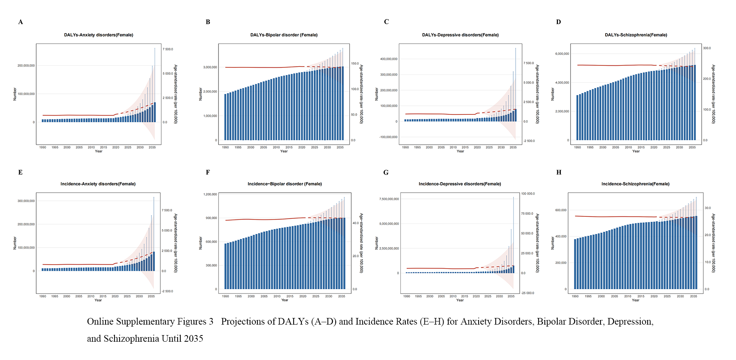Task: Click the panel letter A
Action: tap(21, 22)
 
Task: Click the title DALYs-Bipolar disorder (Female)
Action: tap(284, 35)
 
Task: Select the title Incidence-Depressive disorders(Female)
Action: tap(460, 184)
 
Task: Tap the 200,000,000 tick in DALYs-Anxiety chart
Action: tap(26, 66)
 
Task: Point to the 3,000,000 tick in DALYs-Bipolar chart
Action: tap(210, 67)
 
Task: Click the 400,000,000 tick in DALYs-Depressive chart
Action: tap(389, 59)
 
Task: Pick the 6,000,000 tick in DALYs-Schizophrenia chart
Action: tap(562, 54)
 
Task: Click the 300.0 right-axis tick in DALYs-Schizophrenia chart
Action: tap(707, 48)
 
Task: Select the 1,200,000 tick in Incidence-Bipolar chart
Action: tap(210, 194)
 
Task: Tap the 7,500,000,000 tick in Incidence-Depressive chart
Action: tap(389, 199)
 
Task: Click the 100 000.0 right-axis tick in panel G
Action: tap(528, 194)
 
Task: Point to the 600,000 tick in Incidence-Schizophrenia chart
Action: tap(561, 210)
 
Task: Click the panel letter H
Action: tap(559, 172)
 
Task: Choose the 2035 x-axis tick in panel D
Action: tap(692, 148)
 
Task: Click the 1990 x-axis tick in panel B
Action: tap(225, 148)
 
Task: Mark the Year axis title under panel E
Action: tap(98, 300)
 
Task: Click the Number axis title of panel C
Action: tap(377, 94)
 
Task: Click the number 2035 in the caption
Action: tap(194, 339)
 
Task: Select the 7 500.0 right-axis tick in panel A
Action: tap(168, 49)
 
